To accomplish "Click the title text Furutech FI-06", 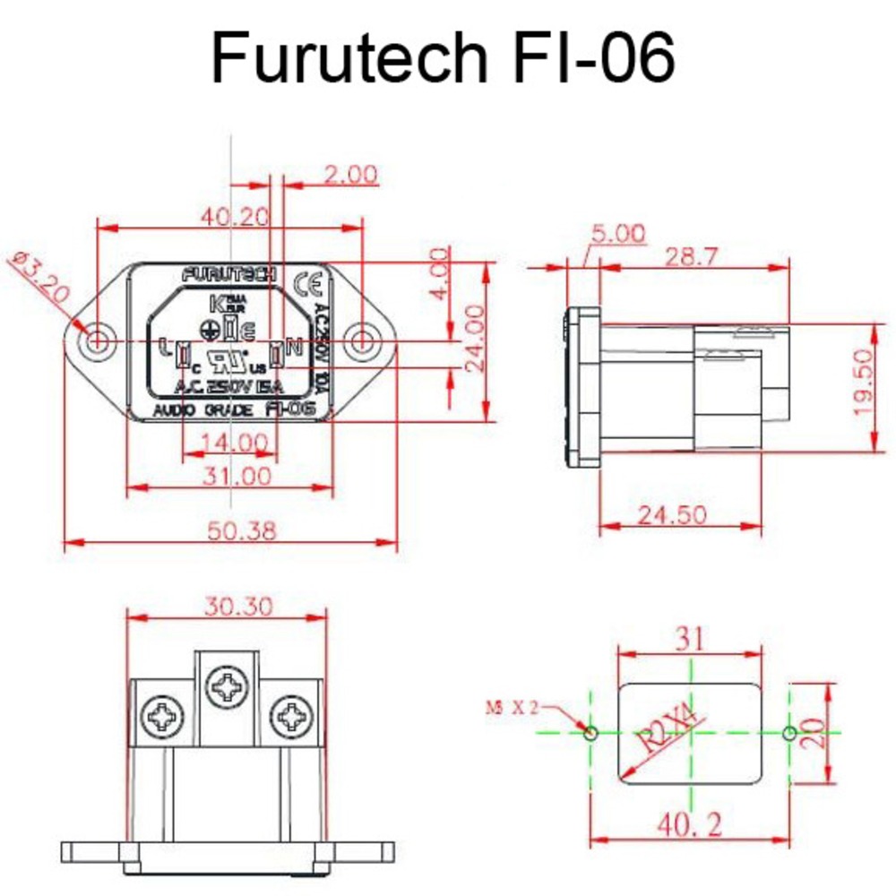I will point(443,59).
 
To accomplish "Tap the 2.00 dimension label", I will point(350,174).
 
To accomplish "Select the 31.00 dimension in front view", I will point(237,476).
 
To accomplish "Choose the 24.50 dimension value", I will point(672,514).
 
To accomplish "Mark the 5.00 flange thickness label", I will point(616,235).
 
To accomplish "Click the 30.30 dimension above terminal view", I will point(237,607).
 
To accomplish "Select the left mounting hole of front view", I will point(97,340).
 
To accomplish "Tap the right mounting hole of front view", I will point(362,340).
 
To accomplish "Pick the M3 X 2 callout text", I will point(511,705).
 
